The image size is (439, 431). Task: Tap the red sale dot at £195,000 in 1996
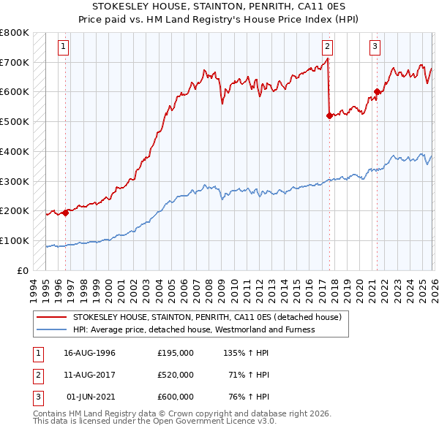pos(65,213)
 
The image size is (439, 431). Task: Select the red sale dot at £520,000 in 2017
pos(329,115)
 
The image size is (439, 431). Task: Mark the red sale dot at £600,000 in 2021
pos(377,92)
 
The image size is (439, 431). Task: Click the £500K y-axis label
pos(15,122)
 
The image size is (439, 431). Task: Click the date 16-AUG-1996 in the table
pos(90,353)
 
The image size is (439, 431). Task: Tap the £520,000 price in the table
pos(176,375)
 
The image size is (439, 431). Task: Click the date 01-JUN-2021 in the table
pos(90,397)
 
